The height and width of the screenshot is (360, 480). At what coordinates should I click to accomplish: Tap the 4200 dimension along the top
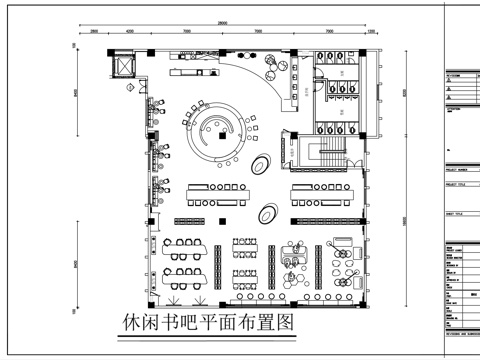tap(130, 32)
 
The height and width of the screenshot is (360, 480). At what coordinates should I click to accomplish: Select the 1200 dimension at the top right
tap(369, 32)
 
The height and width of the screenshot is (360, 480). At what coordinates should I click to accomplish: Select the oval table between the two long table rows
tap(269, 212)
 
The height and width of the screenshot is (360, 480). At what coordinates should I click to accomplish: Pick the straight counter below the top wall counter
tap(201, 72)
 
